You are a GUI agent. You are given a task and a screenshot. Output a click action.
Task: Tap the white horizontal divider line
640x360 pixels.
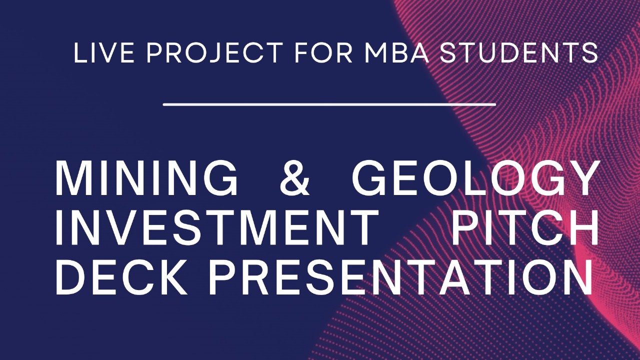point(329,104)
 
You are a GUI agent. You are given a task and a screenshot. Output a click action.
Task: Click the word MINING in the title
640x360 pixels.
point(146,178)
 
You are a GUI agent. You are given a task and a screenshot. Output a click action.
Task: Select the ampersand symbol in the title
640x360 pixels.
point(295,178)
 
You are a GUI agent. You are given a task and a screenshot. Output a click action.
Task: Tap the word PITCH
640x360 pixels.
point(525,228)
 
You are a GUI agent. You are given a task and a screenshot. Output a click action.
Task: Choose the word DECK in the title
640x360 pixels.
point(122,277)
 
